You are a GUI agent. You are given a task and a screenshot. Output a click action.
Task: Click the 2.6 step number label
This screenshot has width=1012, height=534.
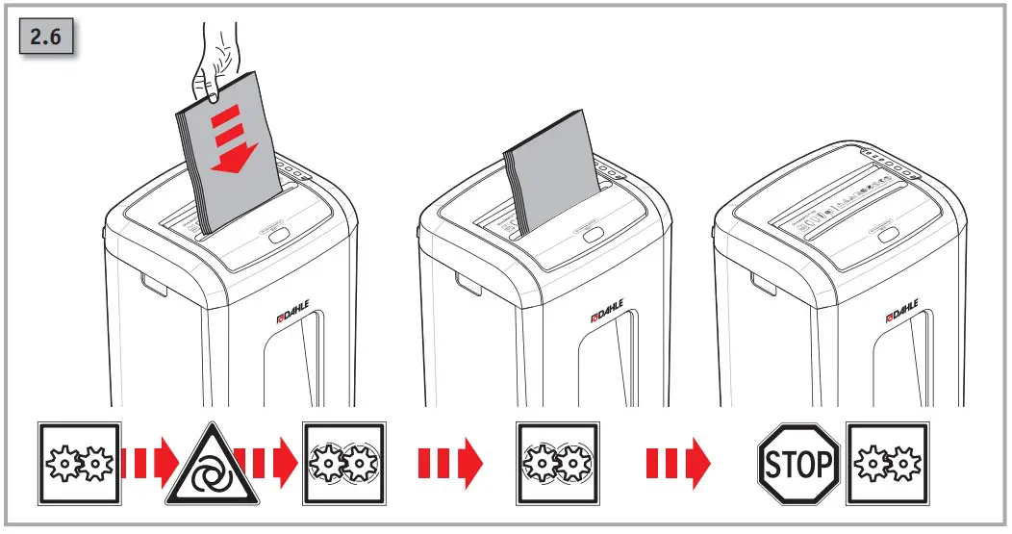pyautogui.click(x=48, y=40)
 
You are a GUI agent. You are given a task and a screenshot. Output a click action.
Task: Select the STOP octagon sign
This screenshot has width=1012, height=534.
pyautogui.click(x=797, y=465)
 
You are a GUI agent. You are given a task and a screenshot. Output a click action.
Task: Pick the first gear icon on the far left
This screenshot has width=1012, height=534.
pyautogui.click(x=80, y=465)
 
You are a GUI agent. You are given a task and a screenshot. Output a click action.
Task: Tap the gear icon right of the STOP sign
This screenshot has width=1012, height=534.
pyautogui.click(x=887, y=465)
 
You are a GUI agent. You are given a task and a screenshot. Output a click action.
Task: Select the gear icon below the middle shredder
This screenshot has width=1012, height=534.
pyautogui.click(x=558, y=465)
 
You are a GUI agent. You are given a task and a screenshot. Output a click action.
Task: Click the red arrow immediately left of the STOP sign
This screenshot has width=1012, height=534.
pyautogui.click(x=677, y=465)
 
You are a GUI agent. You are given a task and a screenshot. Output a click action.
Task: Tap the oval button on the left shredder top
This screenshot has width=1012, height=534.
pyautogui.click(x=279, y=234)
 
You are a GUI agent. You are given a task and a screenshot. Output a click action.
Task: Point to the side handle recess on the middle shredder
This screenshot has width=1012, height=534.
pyautogui.click(x=468, y=283)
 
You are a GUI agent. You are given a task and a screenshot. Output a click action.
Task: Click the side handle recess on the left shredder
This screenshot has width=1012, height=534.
pyautogui.click(x=154, y=283)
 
